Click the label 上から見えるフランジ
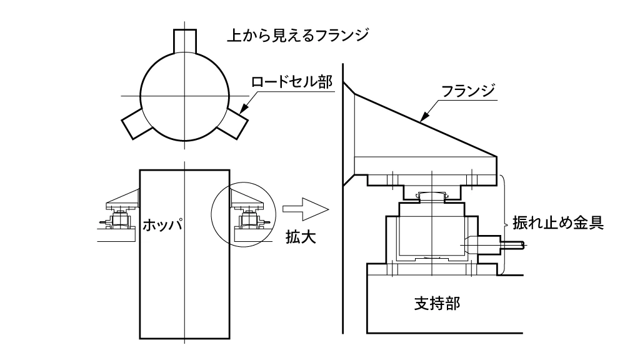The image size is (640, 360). (297, 34)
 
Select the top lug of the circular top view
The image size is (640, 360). (185, 40)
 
